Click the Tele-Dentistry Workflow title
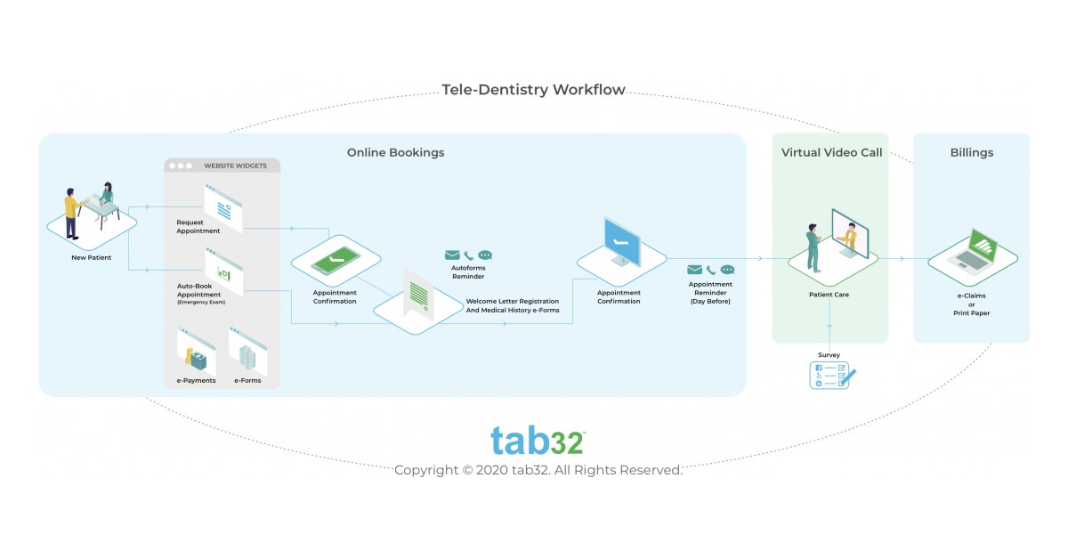point(533,90)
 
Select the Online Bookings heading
point(395,152)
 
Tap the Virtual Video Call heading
point(831,152)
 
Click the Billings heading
point(971,152)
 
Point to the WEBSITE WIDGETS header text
point(235,166)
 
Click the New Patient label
point(91,258)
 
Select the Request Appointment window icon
point(223,206)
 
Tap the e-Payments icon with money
point(197,352)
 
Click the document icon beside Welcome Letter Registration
point(418,294)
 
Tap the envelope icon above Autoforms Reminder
point(452,255)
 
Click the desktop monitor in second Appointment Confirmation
point(622,241)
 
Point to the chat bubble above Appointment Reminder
point(727,270)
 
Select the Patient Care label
point(829,295)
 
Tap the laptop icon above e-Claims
point(973,250)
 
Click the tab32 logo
point(537,441)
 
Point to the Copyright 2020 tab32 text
point(538,470)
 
